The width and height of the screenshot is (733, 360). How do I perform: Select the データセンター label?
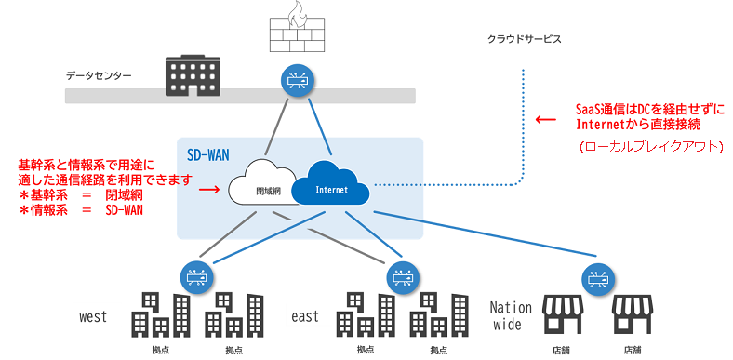tap(99, 75)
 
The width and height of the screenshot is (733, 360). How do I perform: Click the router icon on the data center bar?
tap(300, 80)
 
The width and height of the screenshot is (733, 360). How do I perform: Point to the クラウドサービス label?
tap(525, 40)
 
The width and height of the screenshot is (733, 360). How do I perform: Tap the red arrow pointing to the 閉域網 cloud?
tap(211, 189)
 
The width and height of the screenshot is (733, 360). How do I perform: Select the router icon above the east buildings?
tap(403, 276)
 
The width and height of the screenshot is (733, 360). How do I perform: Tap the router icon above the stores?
tap(596, 276)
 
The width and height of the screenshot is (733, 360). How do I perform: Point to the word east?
tap(305, 316)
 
